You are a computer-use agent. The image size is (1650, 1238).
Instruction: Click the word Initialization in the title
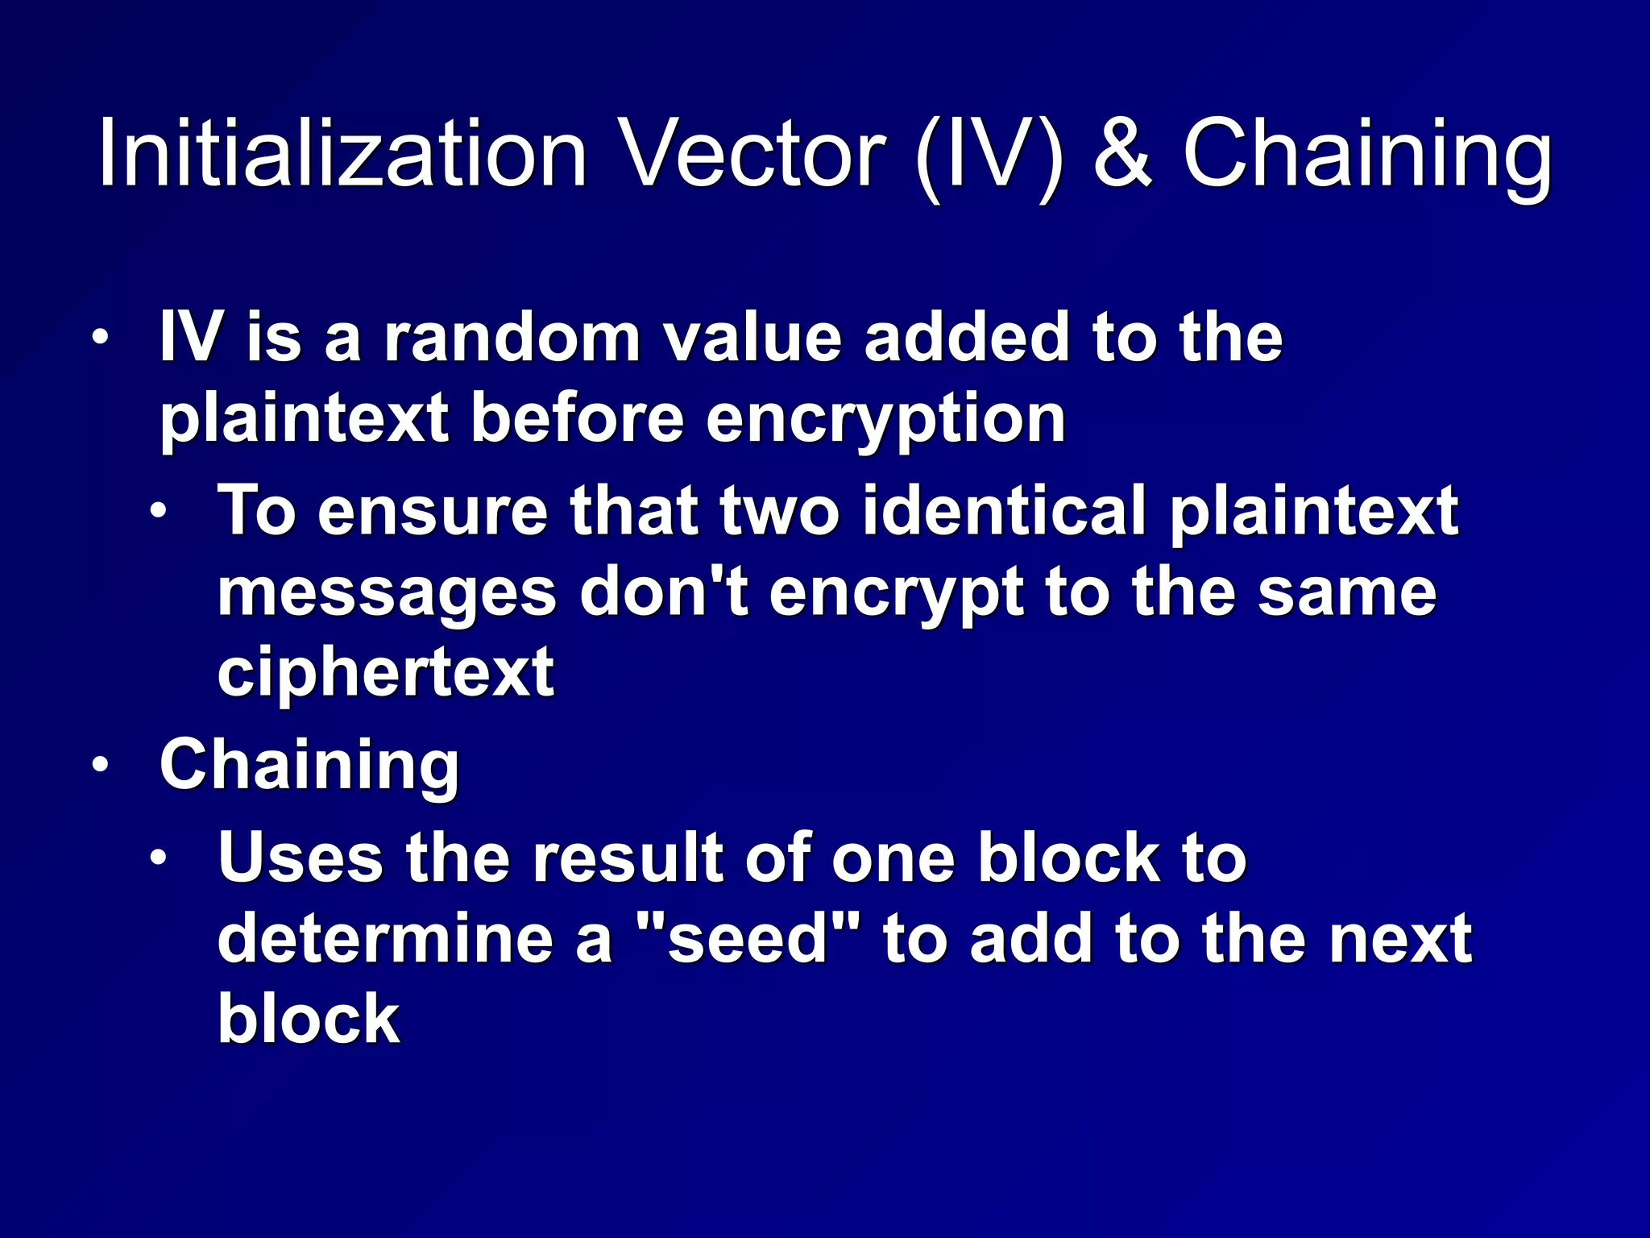(x=342, y=153)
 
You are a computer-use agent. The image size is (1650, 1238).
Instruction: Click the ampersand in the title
(x=1123, y=153)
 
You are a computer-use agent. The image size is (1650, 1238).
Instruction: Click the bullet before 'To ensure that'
(x=159, y=511)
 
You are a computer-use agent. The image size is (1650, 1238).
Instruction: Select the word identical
(x=1004, y=511)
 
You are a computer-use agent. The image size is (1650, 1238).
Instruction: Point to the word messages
(x=387, y=595)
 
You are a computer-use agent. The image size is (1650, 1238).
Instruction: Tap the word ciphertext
(x=385, y=672)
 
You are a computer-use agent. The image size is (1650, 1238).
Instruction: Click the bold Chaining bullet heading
(x=309, y=765)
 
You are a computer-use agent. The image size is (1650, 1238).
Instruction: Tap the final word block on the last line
(x=309, y=1019)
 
